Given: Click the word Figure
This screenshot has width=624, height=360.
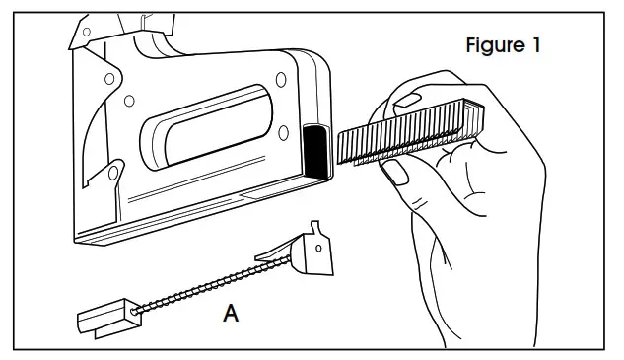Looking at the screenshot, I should (x=497, y=46).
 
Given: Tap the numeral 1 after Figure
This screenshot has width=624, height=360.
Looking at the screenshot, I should (x=536, y=46).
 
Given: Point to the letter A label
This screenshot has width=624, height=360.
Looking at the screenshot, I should (x=231, y=315).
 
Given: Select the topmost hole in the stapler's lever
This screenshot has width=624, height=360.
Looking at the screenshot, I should (x=88, y=33).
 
